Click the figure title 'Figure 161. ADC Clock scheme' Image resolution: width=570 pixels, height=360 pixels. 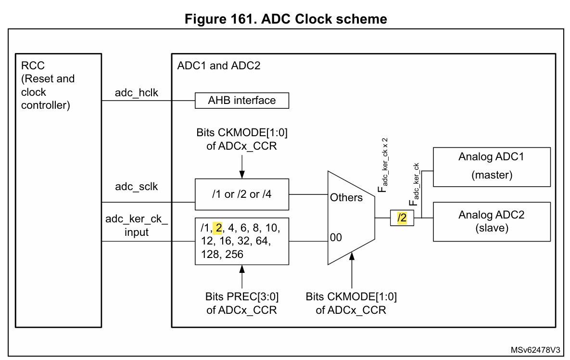click(x=284, y=19)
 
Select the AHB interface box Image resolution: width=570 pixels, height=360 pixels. click(x=241, y=101)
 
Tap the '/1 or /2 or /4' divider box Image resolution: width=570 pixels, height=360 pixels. click(x=241, y=194)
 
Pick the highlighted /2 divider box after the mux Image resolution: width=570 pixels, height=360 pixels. click(x=401, y=218)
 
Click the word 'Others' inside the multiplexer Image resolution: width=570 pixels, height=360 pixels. click(x=346, y=197)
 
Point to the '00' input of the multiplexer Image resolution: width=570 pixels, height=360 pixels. click(x=337, y=238)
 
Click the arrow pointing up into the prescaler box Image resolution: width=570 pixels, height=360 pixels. click(x=241, y=277)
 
